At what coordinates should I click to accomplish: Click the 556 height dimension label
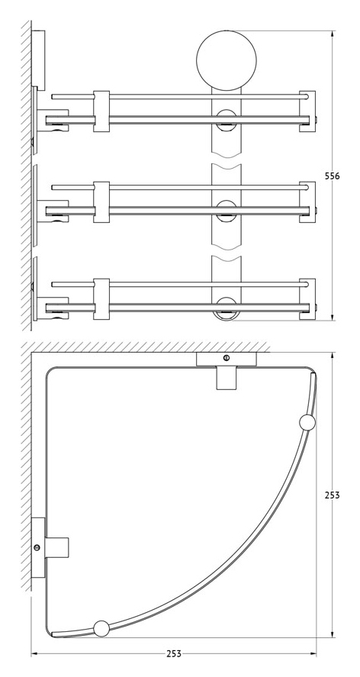(x=332, y=176)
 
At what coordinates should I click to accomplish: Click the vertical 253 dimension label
(x=332, y=495)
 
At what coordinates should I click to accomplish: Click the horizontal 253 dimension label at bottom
(x=174, y=653)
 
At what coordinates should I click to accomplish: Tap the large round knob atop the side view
(x=227, y=60)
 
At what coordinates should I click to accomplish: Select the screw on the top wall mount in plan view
(x=227, y=358)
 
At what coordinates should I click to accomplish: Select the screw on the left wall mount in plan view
(x=37, y=547)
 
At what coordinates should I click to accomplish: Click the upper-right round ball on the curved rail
(x=307, y=423)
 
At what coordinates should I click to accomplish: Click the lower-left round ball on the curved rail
(x=102, y=629)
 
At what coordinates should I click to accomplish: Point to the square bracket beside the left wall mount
(x=57, y=547)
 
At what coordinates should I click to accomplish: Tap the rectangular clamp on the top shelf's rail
(x=101, y=111)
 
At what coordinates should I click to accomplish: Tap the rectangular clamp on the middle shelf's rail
(x=101, y=202)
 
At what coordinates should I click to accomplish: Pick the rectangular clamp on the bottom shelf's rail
(x=101, y=298)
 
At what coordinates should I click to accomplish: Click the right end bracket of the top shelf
(x=307, y=111)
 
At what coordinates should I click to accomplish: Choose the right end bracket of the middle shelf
(x=307, y=202)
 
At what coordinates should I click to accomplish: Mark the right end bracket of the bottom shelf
(x=307, y=298)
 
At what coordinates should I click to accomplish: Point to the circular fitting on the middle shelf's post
(x=227, y=211)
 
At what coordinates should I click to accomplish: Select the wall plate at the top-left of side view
(x=38, y=60)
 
